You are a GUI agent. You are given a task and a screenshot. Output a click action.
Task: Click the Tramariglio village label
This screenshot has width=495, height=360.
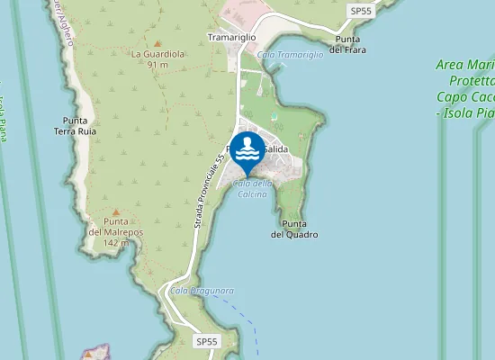click(232, 38)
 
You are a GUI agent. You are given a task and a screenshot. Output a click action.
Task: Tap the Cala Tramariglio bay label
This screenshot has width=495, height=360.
click(290, 55)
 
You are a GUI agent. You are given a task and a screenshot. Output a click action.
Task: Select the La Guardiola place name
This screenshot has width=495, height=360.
click(157, 54)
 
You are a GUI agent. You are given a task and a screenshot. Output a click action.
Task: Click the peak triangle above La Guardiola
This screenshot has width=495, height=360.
click(157, 43)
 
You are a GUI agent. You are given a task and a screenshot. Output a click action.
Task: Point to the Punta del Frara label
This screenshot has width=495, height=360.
click(347, 44)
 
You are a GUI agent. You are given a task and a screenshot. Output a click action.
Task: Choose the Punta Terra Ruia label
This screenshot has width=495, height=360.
click(74, 125)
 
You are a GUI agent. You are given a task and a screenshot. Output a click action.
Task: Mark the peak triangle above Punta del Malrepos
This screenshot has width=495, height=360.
click(115, 212)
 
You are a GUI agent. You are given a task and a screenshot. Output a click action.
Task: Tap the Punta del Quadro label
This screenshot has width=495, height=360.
click(294, 229)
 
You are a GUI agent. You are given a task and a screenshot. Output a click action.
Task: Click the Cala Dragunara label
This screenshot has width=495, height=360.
click(202, 291)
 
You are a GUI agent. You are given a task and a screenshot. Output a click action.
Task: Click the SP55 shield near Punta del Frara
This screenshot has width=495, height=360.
click(361, 10)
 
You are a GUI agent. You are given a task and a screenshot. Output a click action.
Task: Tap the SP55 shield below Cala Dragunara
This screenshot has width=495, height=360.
click(207, 341)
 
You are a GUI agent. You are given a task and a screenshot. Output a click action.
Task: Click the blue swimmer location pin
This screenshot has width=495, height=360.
click(247, 151)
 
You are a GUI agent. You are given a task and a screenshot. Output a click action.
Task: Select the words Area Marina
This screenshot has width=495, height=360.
click(463, 65)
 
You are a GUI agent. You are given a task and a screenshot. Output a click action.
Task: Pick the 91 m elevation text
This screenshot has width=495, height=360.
click(157, 65)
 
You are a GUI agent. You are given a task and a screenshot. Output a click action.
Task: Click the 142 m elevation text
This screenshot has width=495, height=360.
click(115, 243)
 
